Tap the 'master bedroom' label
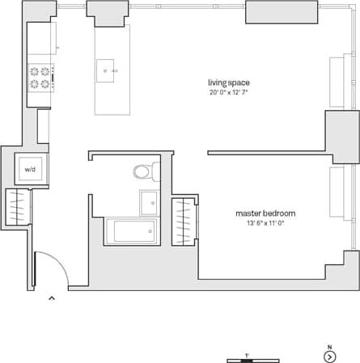[x=265, y=213]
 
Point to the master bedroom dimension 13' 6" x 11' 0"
[x=265, y=223]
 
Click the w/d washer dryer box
[x=31, y=170]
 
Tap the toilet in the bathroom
[x=145, y=171]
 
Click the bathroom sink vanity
[x=149, y=202]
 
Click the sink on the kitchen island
[x=106, y=70]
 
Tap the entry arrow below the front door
[x=52, y=298]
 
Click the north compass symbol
[x=329, y=357]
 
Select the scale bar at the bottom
[x=252, y=358]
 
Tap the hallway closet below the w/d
[x=18, y=208]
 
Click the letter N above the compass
[x=329, y=347]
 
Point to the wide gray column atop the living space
[x=282, y=12]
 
